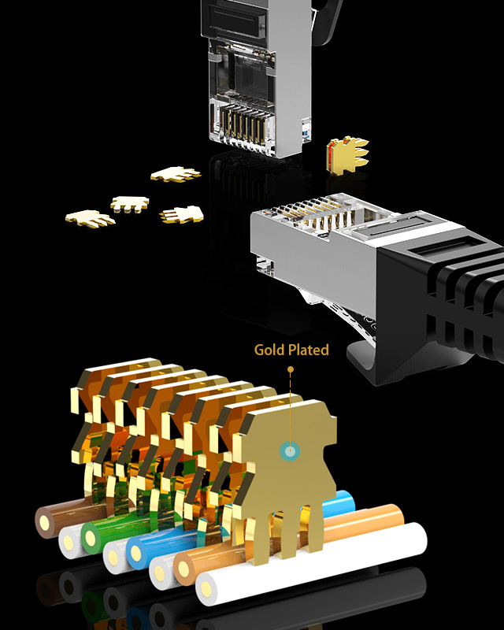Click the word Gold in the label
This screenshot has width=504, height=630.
pyautogui.click(x=268, y=350)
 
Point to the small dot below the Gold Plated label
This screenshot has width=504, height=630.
pyautogui.click(x=290, y=368)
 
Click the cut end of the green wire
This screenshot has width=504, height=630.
pyautogui.click(x=93, y=537)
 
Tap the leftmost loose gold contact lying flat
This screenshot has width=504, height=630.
pyautogui.click(x=89, y=217)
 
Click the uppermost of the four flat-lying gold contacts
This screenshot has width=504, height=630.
pyautogui.click(x=176, y=174)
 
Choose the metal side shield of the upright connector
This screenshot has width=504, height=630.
pyautogui.click(x=306, y=94)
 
